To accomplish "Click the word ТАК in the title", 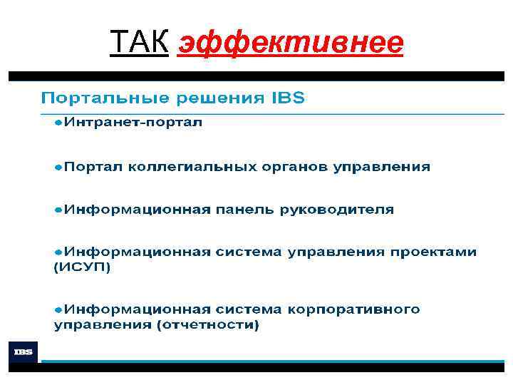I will (x=139, y=43).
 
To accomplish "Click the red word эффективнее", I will (x=291, y=44).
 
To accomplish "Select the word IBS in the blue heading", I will (x=288, y=98).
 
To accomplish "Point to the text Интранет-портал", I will (x=134, y=123).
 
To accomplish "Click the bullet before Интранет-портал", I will (x=58, y=123).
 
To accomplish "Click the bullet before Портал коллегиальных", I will (x=58, y=167).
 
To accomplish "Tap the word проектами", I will (x=442, y=252).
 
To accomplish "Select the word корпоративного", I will (x=355, y=310).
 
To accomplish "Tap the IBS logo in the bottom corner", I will (x=22, y=351).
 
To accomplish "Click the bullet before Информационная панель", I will (x=58, y=210).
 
